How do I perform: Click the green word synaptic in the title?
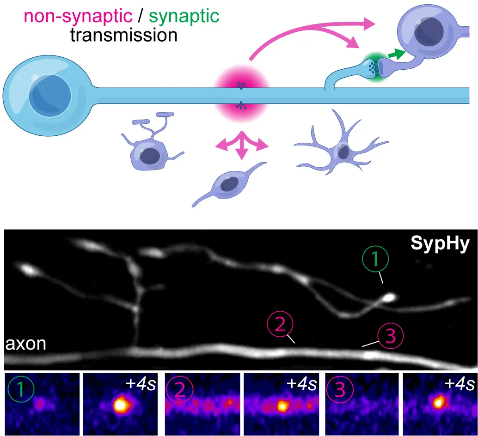[x=184, y=17]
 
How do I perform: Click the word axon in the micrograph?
[x=26, y=344]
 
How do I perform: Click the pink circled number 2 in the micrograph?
[x=280, y=326]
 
